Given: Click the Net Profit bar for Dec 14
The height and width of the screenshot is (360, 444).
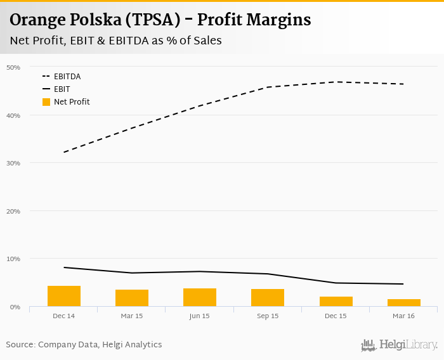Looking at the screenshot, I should [64, 296].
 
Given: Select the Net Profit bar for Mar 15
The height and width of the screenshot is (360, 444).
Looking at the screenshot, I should [132, 298].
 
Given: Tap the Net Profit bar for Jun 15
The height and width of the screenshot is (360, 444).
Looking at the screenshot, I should [200, 297].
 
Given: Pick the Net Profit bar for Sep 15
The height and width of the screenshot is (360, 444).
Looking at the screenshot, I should [268, 297].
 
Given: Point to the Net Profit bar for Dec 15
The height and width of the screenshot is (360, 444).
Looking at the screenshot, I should [336, 301].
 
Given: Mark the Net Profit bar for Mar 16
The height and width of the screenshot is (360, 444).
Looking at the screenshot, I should [404, 302].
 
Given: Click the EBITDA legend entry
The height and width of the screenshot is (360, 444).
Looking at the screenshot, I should [67, 77].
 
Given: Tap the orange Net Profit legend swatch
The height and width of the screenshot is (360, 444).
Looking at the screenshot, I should [46, 101].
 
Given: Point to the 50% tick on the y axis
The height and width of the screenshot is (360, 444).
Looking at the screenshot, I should [13, 67].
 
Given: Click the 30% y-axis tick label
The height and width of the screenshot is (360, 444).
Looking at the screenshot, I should [13, 163].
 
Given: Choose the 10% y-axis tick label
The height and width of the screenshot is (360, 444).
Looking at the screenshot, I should [13, 259].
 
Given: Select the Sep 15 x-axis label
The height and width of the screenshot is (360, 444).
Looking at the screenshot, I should [268, 316].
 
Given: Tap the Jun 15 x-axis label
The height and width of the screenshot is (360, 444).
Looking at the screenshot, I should [200, 316].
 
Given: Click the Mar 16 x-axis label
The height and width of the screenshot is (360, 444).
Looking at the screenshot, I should [404, 316].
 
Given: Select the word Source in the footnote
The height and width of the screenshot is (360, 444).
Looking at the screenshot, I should [20, 345].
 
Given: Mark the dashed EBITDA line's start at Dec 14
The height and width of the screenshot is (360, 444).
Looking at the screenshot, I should [65, 152].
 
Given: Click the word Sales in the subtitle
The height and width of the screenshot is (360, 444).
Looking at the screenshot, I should [206, 41].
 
